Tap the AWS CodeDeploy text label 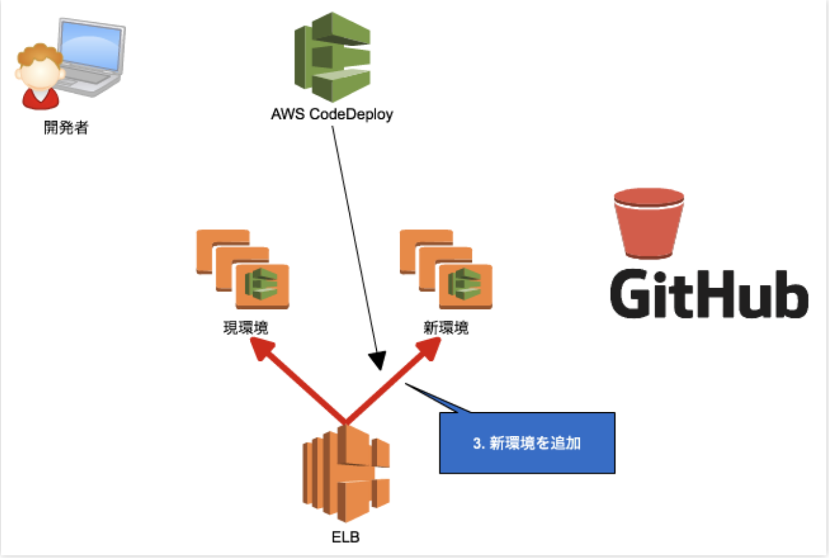tap(332, 115)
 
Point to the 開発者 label tap(66, 128)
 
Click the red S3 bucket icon tap(648, 223)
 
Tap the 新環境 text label tap(446, 328)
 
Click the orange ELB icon tap(346, 473)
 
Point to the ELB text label tap(345, 538)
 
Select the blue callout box tap(527, 443)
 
